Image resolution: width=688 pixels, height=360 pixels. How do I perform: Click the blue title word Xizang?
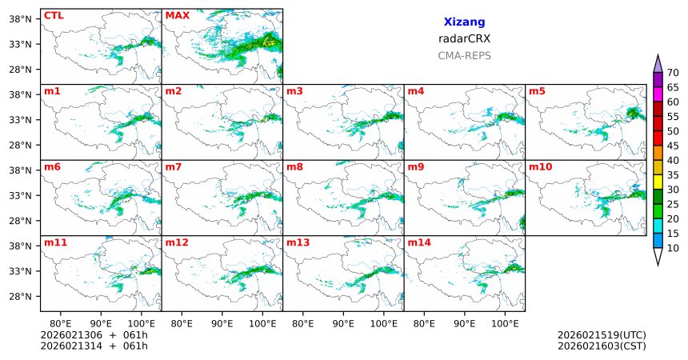click(x=464, y=22)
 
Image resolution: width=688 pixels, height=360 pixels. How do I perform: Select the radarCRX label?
click(x=464, y=38)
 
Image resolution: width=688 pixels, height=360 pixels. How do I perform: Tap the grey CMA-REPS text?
click(x=464, y=56)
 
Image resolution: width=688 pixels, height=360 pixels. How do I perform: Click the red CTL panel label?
click(x=53, y=15)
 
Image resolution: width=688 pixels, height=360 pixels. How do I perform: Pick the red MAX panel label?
click(x=177, y=15)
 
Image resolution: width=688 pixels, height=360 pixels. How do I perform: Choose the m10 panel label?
click(x=540, y=167)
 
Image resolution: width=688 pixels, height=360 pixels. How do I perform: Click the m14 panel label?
click(x=418, y=242)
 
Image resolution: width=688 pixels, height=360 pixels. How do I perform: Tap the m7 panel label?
click(x=174, y=167)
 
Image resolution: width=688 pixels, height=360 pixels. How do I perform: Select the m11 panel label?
click(x=55, y=242)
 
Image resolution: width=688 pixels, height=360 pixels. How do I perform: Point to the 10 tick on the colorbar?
click(x=673, y=249)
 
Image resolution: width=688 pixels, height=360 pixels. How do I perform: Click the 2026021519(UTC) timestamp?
click(x=602, y=334)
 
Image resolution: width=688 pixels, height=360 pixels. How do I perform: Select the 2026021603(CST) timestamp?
click(x=602, y=346)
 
